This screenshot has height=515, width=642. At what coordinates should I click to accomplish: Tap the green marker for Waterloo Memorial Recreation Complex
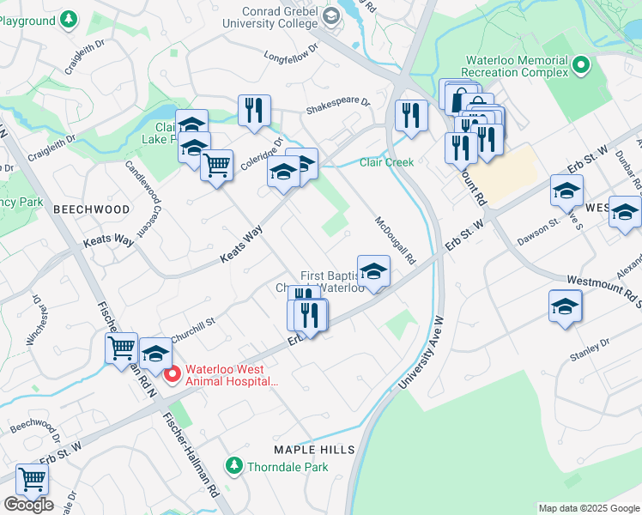tap(581, 65)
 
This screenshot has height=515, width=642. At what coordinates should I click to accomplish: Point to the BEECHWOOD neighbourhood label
tap(91, 209)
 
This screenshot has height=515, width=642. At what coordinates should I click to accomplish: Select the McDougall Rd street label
tap(395, 239)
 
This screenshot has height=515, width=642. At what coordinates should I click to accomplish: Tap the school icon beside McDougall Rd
tap(373, 272)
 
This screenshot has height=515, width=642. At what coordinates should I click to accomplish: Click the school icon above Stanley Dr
tap(565, 306)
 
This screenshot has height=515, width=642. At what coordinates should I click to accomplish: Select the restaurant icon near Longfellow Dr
tap(254, 110)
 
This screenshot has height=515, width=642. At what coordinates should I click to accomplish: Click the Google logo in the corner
tap(28, 504)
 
